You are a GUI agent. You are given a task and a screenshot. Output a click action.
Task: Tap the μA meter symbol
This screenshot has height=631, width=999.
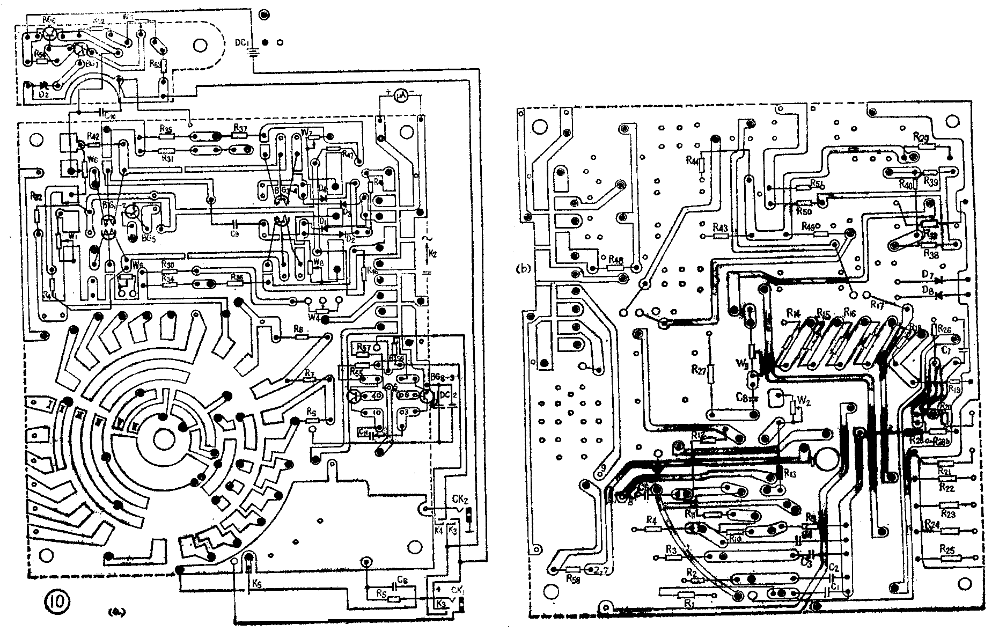point(399,96)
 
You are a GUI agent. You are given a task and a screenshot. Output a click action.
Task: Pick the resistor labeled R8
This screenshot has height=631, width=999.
point(302,337)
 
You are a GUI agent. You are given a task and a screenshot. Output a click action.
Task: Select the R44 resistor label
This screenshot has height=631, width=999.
point(692,160)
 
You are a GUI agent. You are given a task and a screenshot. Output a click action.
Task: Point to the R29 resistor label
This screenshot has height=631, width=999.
point(921,137)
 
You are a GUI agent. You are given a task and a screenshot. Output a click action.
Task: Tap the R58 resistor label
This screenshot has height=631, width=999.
point(574,578)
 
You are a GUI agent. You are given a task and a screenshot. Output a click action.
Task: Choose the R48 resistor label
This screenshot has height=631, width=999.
point(616,260)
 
